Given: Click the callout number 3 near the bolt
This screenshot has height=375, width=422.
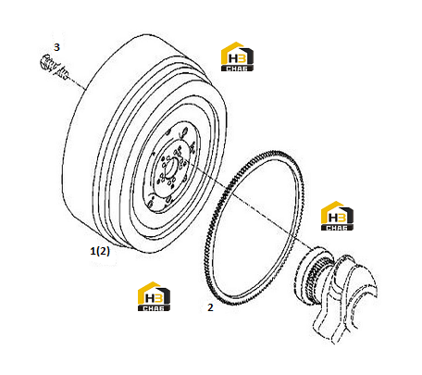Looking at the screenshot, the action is (x=56, y=47).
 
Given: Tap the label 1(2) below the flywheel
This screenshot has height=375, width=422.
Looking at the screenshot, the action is (x=100, y=251).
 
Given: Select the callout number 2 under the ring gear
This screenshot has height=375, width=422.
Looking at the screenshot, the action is (x=210, y=307).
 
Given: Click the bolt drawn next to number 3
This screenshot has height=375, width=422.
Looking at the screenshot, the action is (x=55, y=68).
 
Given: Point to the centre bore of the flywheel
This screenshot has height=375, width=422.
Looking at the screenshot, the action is (x=170, y=167).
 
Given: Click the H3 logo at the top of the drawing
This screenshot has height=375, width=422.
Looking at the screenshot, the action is (x=237, y=56).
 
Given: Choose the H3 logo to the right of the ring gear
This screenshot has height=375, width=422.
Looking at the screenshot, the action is (x=337, y=216).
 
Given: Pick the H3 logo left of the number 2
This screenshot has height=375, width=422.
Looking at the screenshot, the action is (x=154, y=296).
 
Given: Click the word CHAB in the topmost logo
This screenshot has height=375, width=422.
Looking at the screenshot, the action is (x=237, y=69).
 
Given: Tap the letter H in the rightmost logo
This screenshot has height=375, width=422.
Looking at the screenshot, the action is (x=332, y=218).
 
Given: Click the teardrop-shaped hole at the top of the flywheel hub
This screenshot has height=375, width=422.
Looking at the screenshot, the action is (x=184, y=133).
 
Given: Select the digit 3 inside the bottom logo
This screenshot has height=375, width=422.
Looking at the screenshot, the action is (x=158, y=298).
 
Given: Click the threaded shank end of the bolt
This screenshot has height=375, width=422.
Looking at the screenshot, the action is (x=64, y=73).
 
